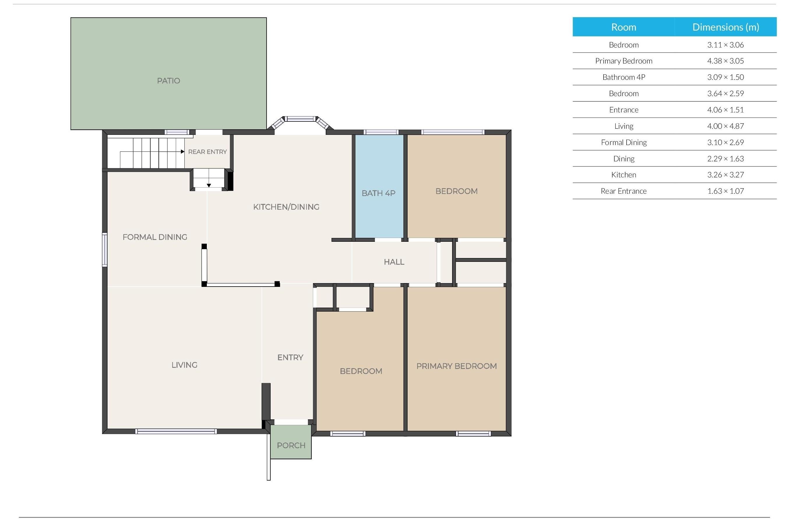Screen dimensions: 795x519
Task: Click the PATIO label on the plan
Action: tap(168, 81)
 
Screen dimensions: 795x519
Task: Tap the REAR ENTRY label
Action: tap(207, 152)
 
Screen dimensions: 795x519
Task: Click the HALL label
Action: tap(394, 262)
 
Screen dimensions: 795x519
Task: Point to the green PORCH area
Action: tap(291, 442)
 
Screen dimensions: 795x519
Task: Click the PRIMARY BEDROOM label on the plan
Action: tap(456, 366)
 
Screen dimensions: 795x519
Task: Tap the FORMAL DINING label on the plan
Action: tap(155, 237)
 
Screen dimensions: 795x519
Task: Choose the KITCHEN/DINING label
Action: tap(286, 207)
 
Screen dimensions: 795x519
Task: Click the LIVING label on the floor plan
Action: tap(184, 365)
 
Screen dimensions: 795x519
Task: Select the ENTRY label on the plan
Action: tap(290, 357)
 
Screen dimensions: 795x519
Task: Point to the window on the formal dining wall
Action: tap(105, 250)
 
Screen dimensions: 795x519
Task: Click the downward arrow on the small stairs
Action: tap(209, 185)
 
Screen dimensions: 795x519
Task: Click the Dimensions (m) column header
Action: tap(725, 27)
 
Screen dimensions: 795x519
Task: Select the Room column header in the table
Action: tap(624, 27)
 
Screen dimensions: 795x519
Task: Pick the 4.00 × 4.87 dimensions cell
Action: tap(725, 126)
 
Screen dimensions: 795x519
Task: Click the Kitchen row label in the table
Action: tap(624, 175)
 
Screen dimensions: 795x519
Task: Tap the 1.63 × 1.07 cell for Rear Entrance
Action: tap(725, 191)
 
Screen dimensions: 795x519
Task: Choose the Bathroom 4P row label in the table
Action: tap(624, 77)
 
